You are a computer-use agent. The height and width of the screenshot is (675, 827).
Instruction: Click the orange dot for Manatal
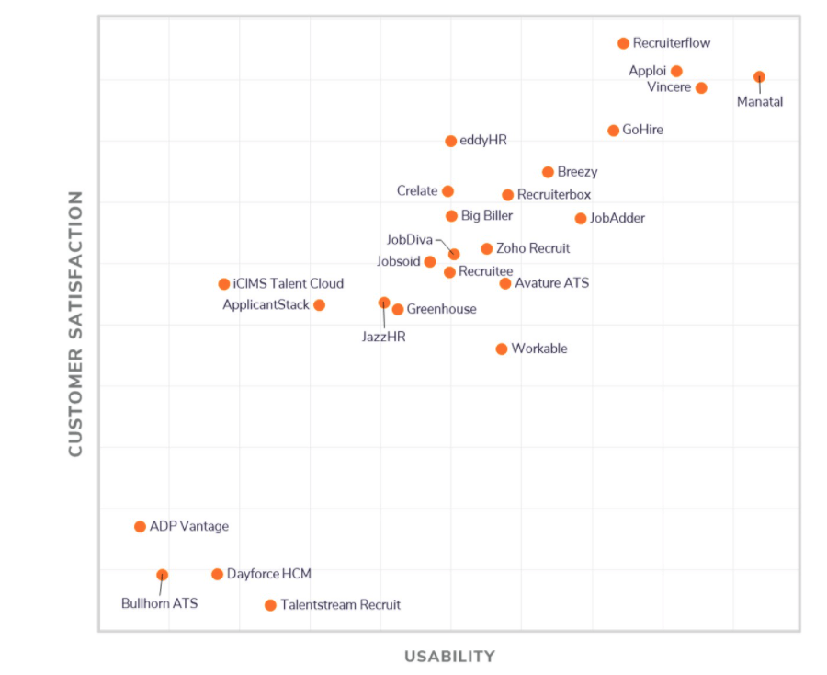(759, 77)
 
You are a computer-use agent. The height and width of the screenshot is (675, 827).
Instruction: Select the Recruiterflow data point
(623, 43)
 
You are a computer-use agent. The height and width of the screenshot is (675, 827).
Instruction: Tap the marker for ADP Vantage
(140, 527)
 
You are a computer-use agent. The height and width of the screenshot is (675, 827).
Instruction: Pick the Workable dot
(502, 349)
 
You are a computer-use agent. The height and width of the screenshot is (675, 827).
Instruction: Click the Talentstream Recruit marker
(270, 605)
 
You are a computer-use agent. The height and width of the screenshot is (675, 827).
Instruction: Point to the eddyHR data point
(450, 142)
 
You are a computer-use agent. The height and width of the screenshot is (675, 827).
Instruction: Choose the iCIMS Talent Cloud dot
(224, 284)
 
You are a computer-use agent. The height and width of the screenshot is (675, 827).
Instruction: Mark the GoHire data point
(613, 131)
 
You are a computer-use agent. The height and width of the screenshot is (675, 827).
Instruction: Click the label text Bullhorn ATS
(159, 604)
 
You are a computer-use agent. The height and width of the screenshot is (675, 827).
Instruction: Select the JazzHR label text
(383, 337)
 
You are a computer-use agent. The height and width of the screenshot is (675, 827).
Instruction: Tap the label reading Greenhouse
(441, 310)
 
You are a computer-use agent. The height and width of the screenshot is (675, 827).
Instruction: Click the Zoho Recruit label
(533, 249)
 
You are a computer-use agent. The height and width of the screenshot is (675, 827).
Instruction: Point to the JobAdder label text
(617, 219)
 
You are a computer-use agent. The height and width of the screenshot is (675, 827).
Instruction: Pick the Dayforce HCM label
(269, 575)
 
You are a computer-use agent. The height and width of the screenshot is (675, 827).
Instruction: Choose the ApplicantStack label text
(266, 305)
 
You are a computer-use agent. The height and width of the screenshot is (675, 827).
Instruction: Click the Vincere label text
(669, 88)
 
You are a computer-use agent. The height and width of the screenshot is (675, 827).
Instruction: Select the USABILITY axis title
(449, 657)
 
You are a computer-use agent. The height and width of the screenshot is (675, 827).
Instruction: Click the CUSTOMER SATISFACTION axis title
(75, 324)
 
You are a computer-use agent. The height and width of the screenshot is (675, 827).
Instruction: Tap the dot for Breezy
(548, 172)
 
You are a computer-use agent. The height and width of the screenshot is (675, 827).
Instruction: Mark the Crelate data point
(447, 191)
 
